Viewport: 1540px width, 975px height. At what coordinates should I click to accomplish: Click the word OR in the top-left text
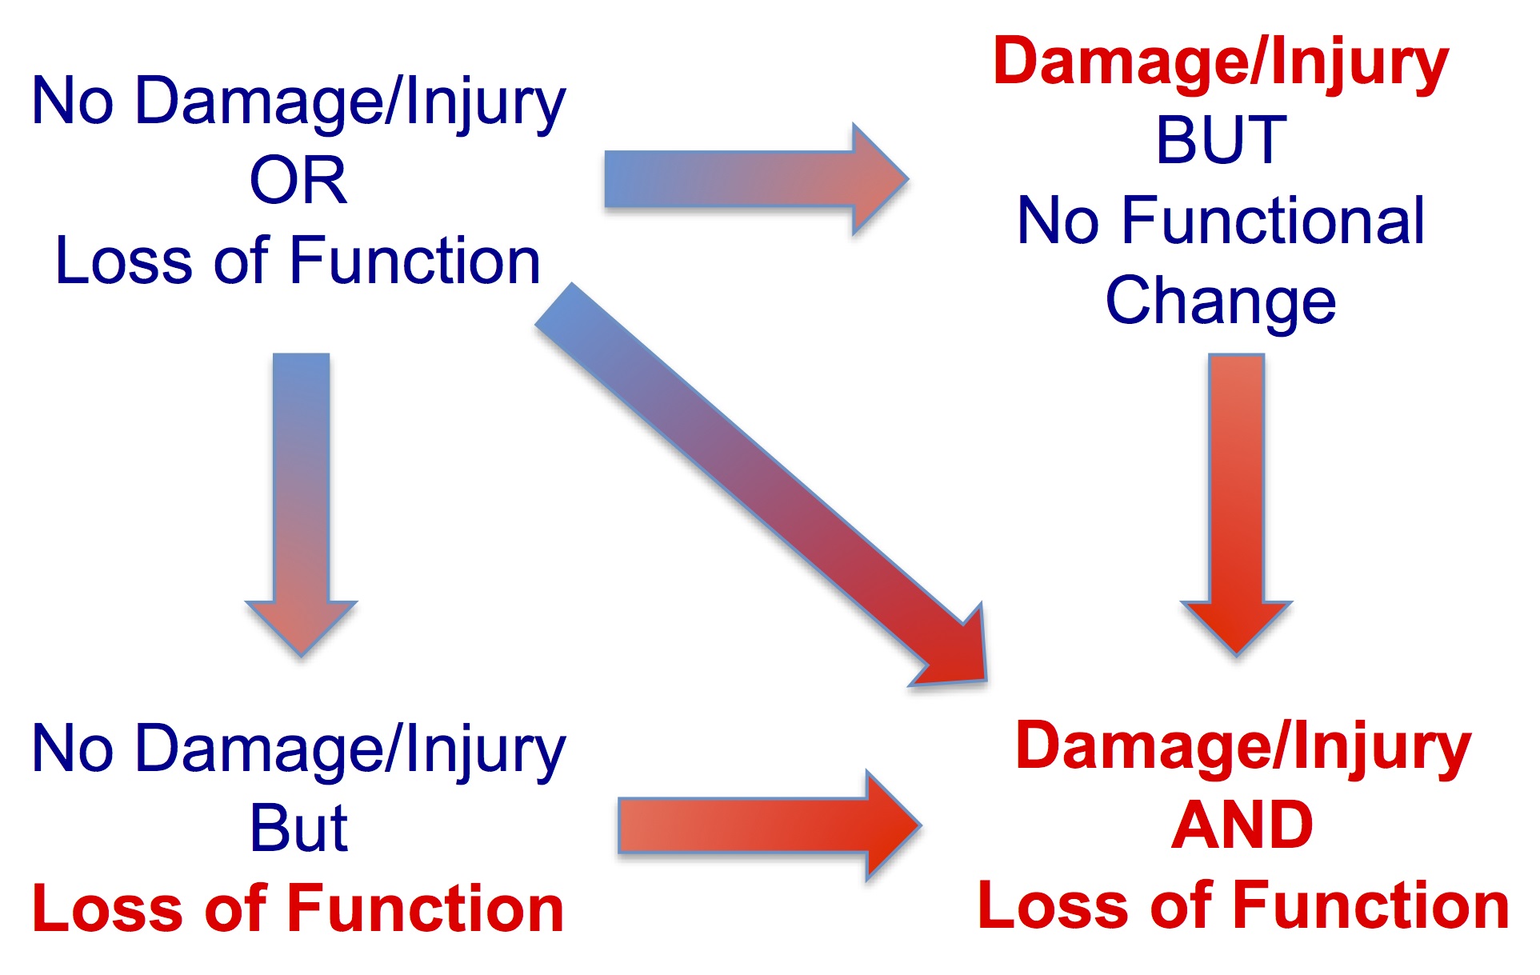pyautogui.click(x=298, y=181)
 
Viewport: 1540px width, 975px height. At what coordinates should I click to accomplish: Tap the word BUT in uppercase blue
pyautogui.click(x=1221, y=141)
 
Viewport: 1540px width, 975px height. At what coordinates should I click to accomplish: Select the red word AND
pyautogui.click(x=1242, y=825)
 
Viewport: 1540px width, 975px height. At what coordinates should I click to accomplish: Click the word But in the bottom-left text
pyautogui.click(x=298, y=828)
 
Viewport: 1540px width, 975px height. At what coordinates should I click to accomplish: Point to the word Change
pyautogui.click(x=1220, y=302)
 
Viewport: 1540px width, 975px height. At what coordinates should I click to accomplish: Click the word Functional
pyautogui.click(x=1273, y=222)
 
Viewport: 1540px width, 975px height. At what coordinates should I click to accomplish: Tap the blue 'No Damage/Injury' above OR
pyautogui.click(x=298, y=102)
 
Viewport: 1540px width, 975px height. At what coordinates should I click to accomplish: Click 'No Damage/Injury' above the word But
pyautogui.click(x=298, y=749)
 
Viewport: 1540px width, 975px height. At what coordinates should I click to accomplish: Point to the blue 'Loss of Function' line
pyautogui.click(x=298, y=262)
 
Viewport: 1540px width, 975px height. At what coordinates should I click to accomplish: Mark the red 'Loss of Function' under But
pyautogui.click(x=298, y=909)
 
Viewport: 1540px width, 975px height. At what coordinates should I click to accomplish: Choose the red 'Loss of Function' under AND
pyautogui.click(x=1243, y=905)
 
